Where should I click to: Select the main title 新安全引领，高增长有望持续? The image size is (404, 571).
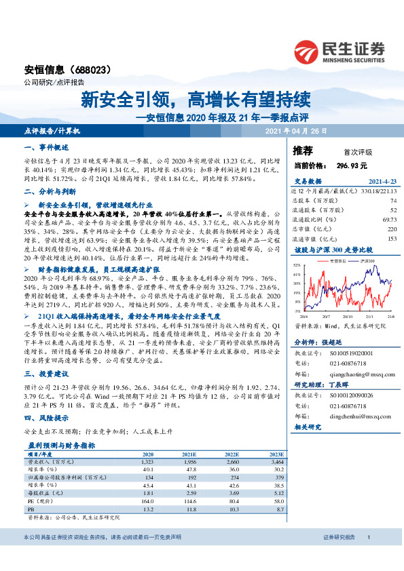point(196,100)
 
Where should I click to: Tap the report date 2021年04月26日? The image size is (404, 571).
point(295,130)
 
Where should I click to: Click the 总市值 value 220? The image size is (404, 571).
point(391,230)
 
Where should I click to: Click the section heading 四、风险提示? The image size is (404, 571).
point(46,418)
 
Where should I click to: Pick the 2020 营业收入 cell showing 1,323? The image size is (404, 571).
point(147,462)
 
